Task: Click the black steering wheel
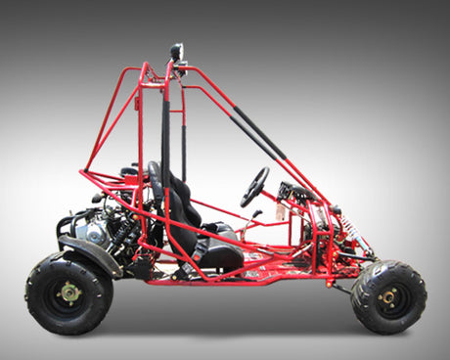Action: click(255, 187)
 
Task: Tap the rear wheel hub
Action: click(69, 291)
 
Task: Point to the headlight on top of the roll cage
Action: click(177, 51)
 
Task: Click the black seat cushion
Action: click(218, 251)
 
